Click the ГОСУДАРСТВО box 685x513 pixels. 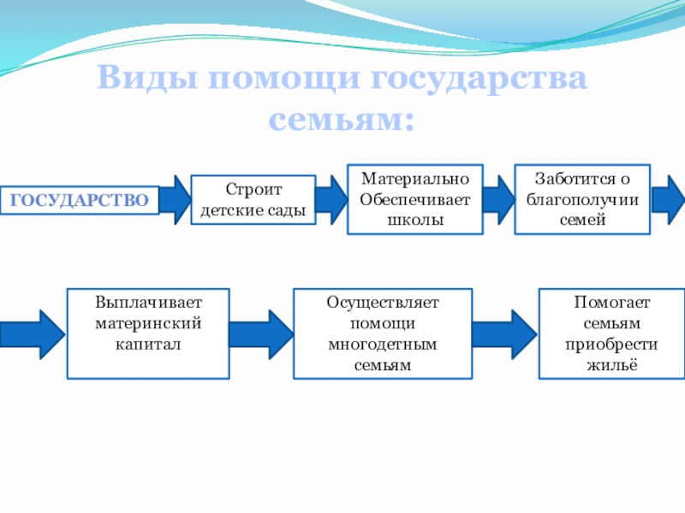(x=80, y=200)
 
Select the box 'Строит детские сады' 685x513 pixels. (x=253, y=200)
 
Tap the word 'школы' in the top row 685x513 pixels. (x=414, y=220)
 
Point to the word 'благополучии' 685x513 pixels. (x=582, y=200)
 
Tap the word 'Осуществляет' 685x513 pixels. (x=383, y=304)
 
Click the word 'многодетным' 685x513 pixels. (x=383, y=345)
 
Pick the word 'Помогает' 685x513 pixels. (x=611, y=304)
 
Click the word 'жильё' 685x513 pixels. (x=611, y=365)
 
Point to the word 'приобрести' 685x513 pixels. (x=611, y=345)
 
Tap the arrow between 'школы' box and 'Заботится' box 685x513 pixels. (x=498, y=200)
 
